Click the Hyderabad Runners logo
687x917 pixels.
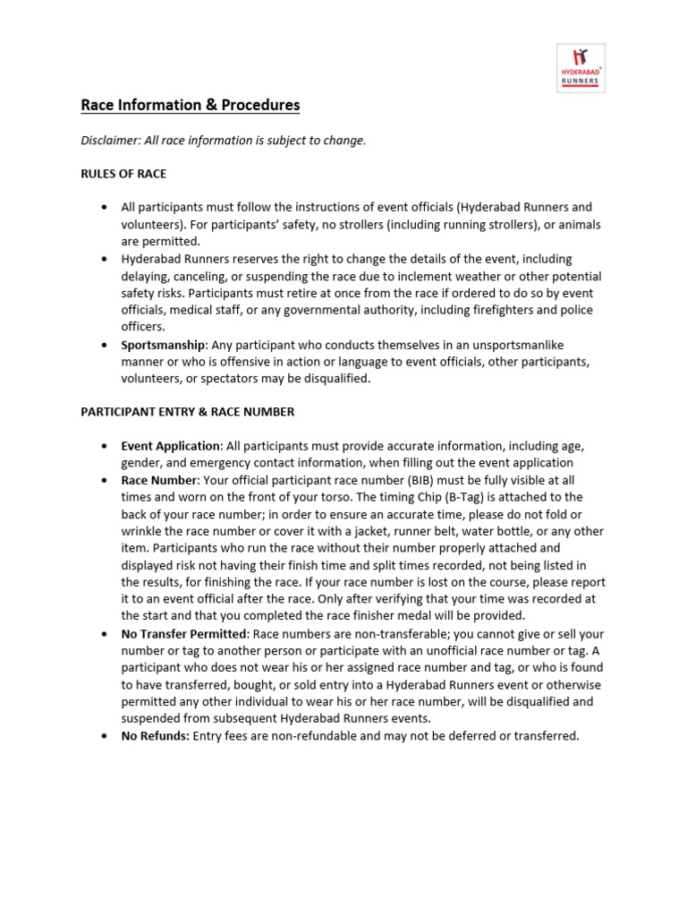tap(581, 67)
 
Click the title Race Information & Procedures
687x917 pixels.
tap(191, 106)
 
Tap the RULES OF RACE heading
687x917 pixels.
tap(123, 173)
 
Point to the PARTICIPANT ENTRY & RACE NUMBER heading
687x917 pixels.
tap(188, 412)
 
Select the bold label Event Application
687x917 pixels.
tap(171, 446)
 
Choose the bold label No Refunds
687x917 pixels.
tap(156, 736)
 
